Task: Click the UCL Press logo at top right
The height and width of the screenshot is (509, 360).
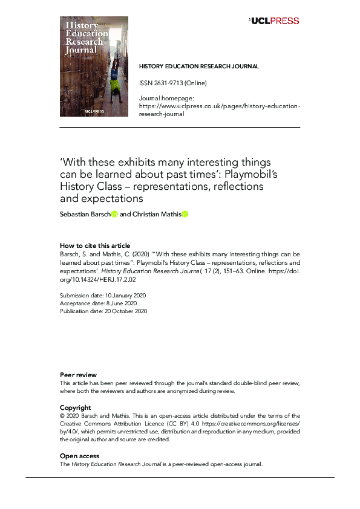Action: coord(274,21)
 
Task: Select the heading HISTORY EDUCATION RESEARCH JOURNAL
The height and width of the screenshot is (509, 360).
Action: coord(199,66)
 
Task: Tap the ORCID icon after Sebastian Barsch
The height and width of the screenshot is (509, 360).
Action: coord(114,214)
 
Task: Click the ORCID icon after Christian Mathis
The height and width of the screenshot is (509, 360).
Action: coord(185,214)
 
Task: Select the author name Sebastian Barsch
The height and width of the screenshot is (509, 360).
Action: coord(85,214)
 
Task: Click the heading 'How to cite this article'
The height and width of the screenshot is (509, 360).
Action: coord(94,245)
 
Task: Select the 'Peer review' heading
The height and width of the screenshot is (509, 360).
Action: coord(76,375)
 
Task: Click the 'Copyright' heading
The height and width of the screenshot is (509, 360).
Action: coord(75,407)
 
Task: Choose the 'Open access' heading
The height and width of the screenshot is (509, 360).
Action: coord(79,456)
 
